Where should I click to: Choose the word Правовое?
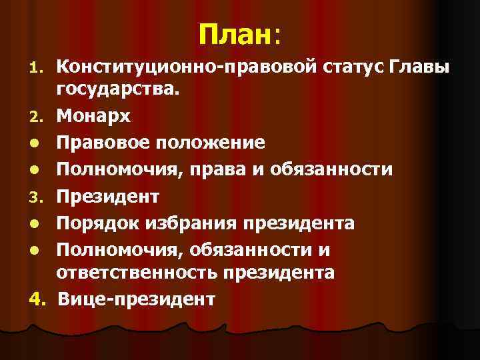pos(106,143)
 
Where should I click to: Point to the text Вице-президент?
pos(137,298)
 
